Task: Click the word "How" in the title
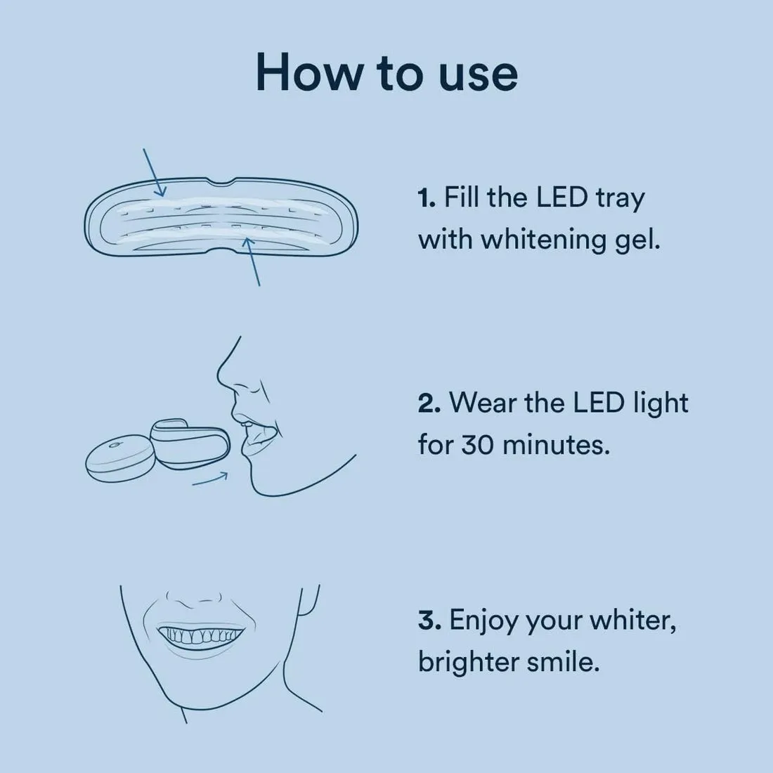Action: click(308, 72)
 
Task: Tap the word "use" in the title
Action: click(478, 76)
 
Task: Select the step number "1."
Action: click(427, 197)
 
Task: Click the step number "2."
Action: click(429, 403)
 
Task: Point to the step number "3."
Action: click(429, 621)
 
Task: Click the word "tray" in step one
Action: click(620, 200)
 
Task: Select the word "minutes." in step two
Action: click(556, 445)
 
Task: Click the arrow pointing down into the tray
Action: click(155, 173)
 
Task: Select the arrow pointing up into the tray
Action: click(252, 261)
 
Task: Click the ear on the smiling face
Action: click(308, 602)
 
